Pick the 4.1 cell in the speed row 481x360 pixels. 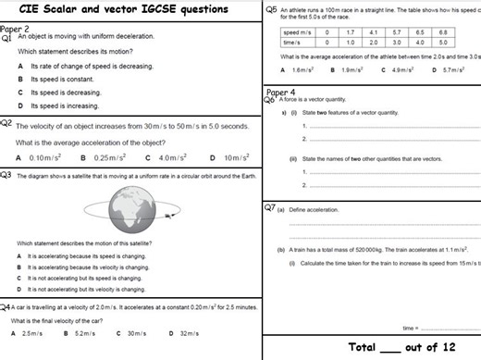[x=372, y=32]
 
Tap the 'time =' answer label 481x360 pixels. [x=411, y=328]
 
